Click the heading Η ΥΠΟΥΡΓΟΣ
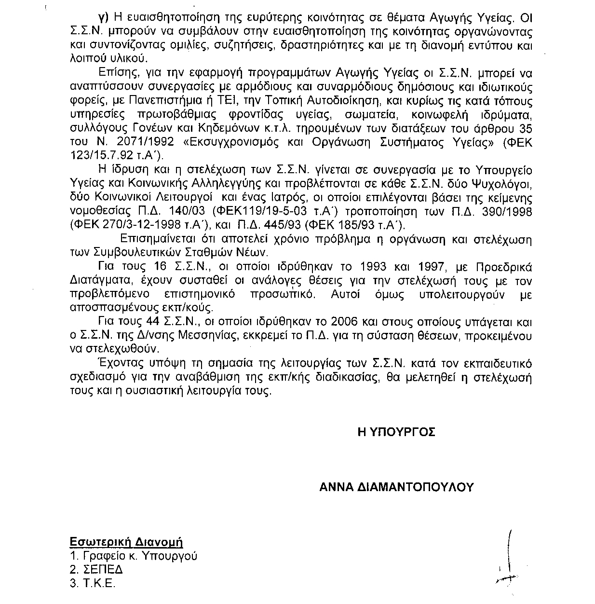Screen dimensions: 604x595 pyautogui.click(x=396, y=432)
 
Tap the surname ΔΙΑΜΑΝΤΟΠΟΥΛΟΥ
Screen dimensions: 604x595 pyautogui.click(x=417, y=486)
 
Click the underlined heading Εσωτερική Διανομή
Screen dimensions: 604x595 pyautogui.click(x=126, y=542)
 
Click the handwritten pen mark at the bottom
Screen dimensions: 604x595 pyautogui.click(x=508, y=560)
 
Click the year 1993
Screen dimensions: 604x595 pyautogui.click(x=365, y=267)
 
